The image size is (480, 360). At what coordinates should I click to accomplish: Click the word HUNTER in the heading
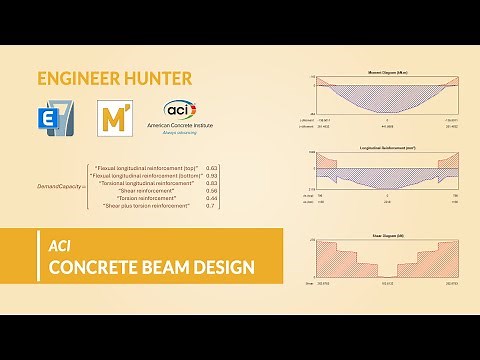[158, 77]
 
